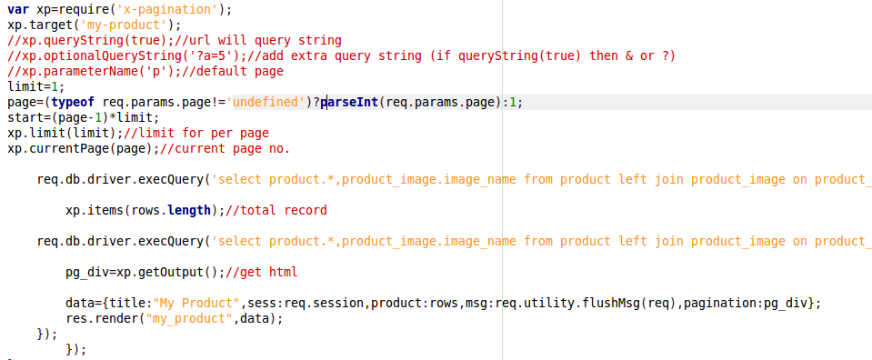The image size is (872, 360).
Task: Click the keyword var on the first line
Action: pos(18,10)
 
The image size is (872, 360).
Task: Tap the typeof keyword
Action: pos(74,103)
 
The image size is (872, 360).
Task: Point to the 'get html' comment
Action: pos(269,272)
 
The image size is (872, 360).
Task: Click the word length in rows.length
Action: pos(189,210)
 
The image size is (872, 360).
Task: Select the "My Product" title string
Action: pos(197,304)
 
